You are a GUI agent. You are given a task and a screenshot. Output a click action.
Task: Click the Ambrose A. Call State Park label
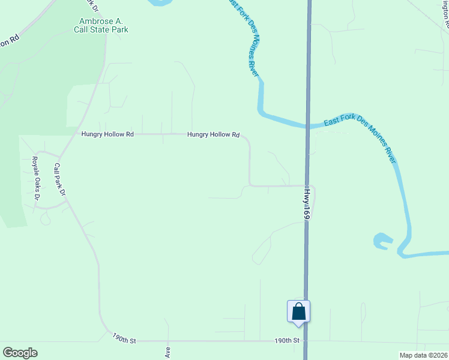100,25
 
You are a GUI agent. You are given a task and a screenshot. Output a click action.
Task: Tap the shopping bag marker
299,312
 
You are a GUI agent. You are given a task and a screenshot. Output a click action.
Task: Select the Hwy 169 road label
306,205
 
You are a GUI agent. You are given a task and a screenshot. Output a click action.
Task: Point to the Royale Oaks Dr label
35,178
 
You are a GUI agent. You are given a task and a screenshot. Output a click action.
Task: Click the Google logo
20,353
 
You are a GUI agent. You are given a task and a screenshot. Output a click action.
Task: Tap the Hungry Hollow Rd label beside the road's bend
213,135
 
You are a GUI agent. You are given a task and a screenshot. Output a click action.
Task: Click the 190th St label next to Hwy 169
287,340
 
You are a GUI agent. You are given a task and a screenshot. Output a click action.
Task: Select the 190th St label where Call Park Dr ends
124,340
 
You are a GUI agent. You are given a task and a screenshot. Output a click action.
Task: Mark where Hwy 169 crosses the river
308,125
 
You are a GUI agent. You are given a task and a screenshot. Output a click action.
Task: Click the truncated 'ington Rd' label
445,15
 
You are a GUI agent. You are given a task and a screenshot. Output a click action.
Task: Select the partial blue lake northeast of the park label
157,2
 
